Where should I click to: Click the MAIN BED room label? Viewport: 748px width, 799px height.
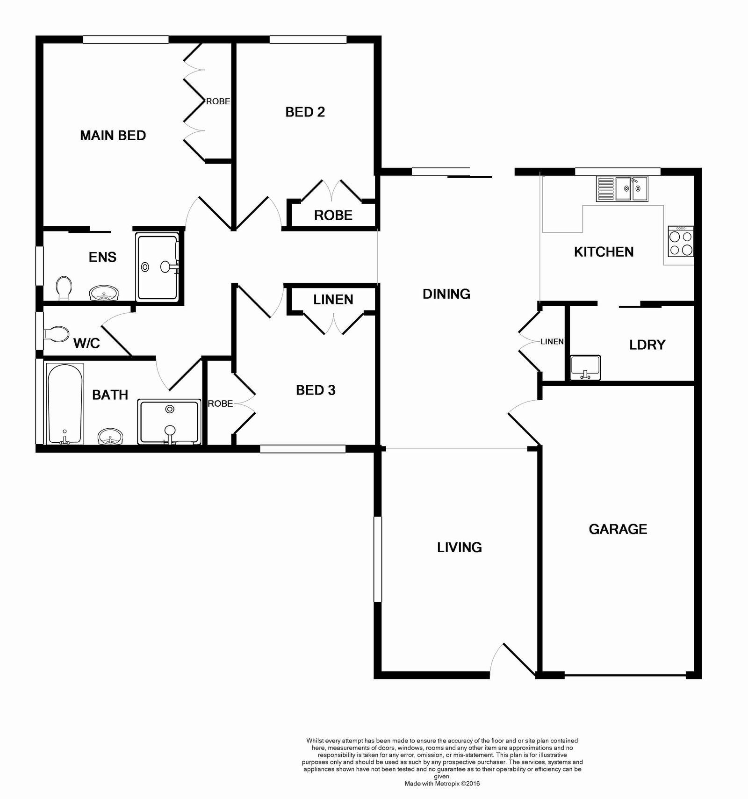(113, 136)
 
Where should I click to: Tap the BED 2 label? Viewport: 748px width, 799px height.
(305, 112)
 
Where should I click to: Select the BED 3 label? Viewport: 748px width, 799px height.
(316, 390)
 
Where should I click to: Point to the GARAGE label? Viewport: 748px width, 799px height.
(618, 529)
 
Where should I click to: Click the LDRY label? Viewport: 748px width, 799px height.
(647, 345)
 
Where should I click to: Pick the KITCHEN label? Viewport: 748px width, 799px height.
(604, 252)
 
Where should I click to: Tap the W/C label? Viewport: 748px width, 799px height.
(87, 343)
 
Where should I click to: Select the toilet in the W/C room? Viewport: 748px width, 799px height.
(56, 334)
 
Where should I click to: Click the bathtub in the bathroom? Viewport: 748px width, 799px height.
(65, 403)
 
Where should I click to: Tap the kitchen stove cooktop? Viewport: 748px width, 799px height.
(681, 242)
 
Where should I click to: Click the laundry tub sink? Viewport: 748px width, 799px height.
(585, 367)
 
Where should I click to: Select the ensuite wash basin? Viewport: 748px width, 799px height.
(104, 294)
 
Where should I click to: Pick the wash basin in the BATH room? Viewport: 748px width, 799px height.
(111, 437)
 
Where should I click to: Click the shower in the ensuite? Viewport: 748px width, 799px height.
(158, 267)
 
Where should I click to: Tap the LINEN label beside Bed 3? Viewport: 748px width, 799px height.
(333, 300)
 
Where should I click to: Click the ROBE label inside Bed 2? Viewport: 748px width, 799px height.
(333, 216)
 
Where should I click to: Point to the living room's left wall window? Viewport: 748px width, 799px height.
(378, 559)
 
